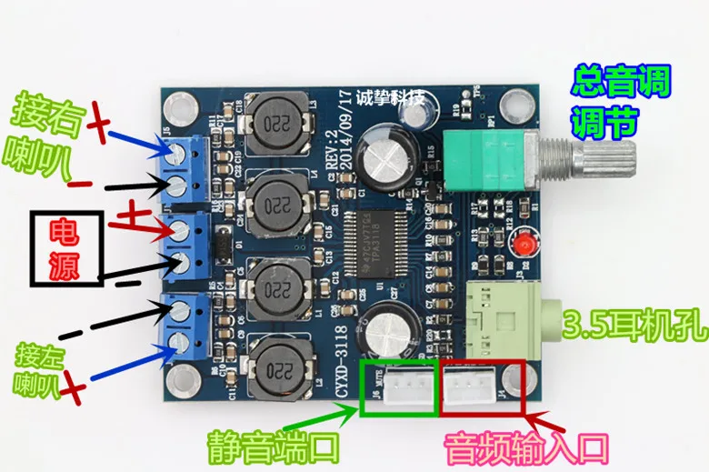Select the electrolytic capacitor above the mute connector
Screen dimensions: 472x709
point(393,324)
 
